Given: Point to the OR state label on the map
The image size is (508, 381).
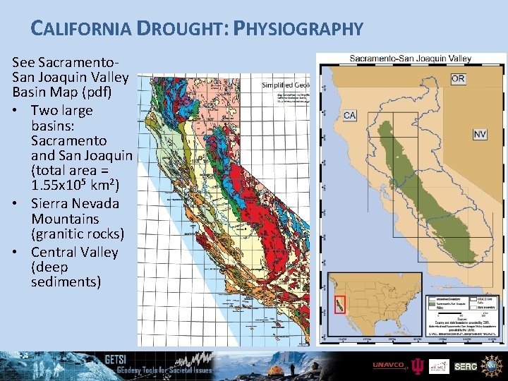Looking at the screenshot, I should [457, 78].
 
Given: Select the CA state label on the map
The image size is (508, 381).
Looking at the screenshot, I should [349, 115].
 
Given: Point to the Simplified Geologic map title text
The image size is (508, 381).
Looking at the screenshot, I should [285, 85].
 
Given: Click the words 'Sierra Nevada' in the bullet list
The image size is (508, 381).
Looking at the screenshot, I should [75, 203].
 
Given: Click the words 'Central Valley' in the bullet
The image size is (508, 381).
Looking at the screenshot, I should [74, 252].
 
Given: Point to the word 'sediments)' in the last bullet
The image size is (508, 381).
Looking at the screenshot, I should [66, 282].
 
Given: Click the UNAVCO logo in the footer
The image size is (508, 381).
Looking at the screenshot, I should [389, 365].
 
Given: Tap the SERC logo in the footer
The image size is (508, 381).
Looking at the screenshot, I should [465, 366].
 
